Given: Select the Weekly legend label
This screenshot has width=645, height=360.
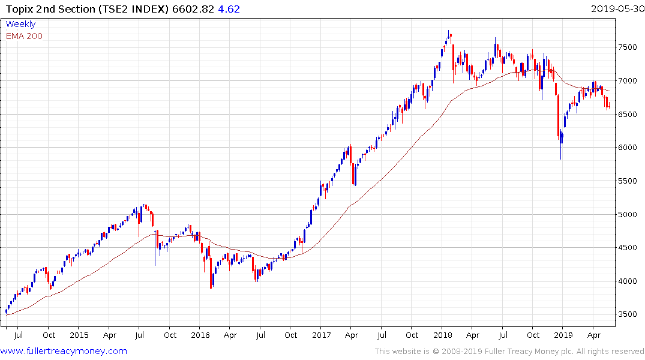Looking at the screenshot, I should click(20, 24).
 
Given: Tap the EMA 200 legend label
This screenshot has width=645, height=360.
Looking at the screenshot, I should click(24, 36).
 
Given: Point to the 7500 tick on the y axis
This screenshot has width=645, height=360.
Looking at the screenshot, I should click(629, 47).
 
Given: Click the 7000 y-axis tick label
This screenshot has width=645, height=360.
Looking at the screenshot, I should click(629, 80).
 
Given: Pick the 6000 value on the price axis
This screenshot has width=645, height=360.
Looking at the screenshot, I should click(629, 148).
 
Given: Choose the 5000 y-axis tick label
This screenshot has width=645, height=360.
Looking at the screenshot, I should click(629, 214).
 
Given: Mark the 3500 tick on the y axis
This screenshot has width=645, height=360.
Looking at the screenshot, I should click(629, 314).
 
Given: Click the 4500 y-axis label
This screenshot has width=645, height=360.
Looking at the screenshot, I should click(629, 248).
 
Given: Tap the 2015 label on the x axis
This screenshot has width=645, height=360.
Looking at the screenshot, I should click(79, 335).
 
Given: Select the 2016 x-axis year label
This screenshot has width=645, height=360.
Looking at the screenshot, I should click(200, 335).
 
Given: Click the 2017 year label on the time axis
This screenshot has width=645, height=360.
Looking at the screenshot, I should click(322, 335).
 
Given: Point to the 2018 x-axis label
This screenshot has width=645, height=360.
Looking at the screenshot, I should click(443, 335).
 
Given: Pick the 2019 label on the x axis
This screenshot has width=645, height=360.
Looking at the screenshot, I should click(562, 335).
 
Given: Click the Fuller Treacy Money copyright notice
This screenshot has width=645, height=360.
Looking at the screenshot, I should click(509, 352).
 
